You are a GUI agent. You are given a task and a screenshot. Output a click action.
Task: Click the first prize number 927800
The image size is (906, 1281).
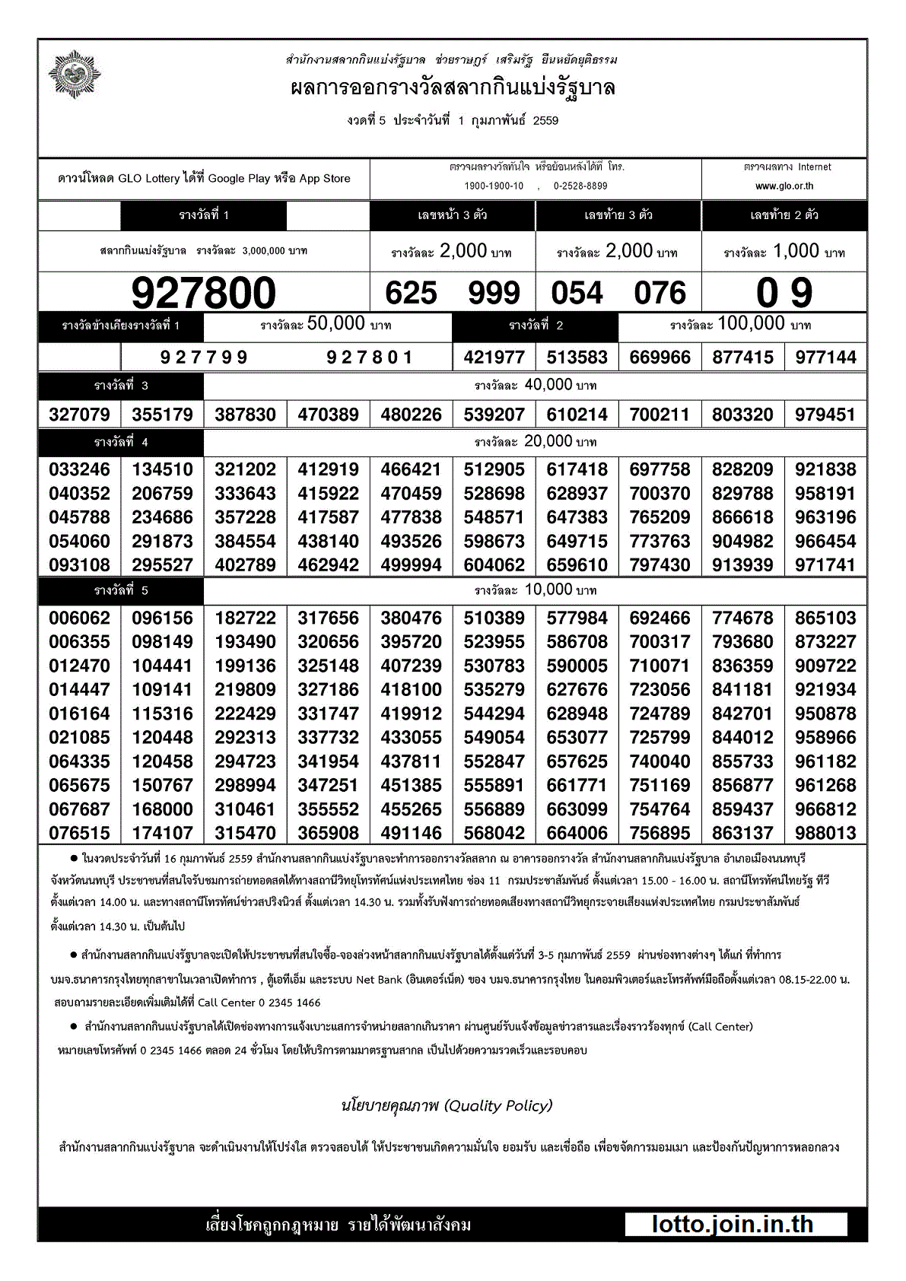[203, 293]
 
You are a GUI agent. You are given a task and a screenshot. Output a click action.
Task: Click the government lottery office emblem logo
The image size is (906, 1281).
[74, 75]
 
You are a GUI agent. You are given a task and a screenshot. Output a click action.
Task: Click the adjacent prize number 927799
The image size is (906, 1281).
[204, 358]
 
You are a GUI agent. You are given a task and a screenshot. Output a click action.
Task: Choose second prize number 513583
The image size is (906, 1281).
[577, 358]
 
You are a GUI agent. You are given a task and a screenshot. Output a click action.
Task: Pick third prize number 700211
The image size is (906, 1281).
[660, 415]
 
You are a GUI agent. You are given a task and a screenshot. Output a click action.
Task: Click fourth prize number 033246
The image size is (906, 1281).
[79, 469]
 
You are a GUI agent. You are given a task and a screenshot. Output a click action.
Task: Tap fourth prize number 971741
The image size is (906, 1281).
[825, 565]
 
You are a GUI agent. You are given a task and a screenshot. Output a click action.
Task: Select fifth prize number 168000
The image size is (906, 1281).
[162, 809]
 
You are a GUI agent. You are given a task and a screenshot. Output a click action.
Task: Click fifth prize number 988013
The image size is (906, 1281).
[825, 833]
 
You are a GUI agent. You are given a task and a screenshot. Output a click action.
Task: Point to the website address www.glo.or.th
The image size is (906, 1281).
[784, 186]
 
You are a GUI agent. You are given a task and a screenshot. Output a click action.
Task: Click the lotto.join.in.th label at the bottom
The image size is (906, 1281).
[733, 1224]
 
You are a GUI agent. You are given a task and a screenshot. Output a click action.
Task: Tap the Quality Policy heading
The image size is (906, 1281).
[447, 1105]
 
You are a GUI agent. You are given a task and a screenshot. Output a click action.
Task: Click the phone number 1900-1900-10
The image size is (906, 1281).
[494, 186]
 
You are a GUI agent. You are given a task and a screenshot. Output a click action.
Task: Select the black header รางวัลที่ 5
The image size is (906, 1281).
[121, 590]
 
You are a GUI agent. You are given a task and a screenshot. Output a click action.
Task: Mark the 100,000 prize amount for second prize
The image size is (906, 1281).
[750, 324]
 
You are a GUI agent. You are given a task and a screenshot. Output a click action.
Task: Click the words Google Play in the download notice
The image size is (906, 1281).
[238, 179]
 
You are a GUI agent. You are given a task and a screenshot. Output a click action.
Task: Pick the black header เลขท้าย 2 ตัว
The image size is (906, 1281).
[784, 215]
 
